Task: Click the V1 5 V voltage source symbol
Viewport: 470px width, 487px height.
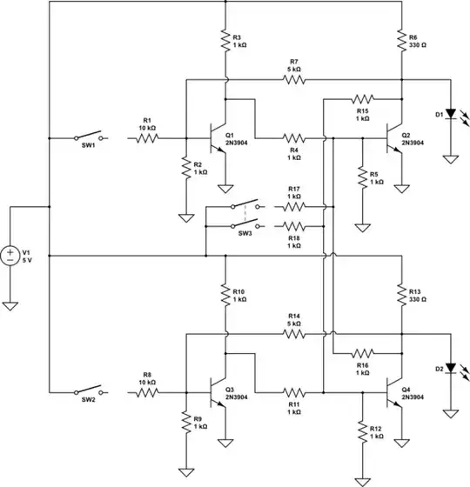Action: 10,257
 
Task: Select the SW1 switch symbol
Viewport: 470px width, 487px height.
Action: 88,137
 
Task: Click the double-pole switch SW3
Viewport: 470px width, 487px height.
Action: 245,215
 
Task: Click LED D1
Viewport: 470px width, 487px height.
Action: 450,116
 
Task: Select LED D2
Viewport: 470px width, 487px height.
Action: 450,369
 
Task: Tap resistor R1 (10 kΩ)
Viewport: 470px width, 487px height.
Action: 147,138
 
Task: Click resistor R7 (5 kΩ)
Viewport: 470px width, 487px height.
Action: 294,79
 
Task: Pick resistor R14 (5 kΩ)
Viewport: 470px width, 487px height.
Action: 294,333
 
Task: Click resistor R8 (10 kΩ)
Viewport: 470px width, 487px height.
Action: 147,392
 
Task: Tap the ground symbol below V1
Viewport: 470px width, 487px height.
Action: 10,305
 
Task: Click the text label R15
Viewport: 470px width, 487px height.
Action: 362,110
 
